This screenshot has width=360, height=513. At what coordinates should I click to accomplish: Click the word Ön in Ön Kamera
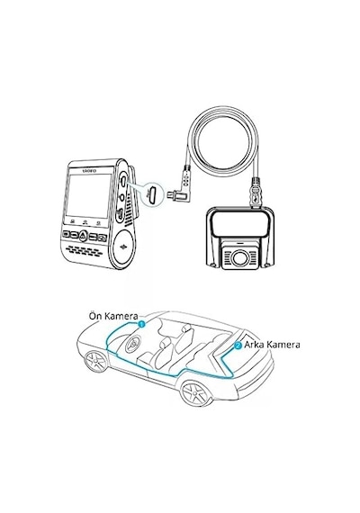95,316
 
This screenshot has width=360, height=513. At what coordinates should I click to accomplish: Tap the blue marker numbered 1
141,324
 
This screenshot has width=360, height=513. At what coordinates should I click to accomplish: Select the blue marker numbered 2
238,346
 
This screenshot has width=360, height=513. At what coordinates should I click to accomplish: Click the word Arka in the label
254,345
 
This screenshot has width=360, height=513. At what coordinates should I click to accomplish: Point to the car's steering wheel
133,344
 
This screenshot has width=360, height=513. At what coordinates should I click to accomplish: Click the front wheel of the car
95,361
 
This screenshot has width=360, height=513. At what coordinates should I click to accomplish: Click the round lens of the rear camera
239,258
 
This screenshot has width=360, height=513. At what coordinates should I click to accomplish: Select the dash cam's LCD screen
89,195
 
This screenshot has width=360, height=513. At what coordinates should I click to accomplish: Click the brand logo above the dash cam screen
89,170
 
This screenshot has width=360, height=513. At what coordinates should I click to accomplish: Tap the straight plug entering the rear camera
256,193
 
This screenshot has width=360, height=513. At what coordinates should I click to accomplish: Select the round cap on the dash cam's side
123,246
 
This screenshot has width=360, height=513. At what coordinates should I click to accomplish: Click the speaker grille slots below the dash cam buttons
83,251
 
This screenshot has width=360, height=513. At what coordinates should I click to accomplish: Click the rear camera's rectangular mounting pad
239,224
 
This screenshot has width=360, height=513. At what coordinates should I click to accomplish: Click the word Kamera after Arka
283,345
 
